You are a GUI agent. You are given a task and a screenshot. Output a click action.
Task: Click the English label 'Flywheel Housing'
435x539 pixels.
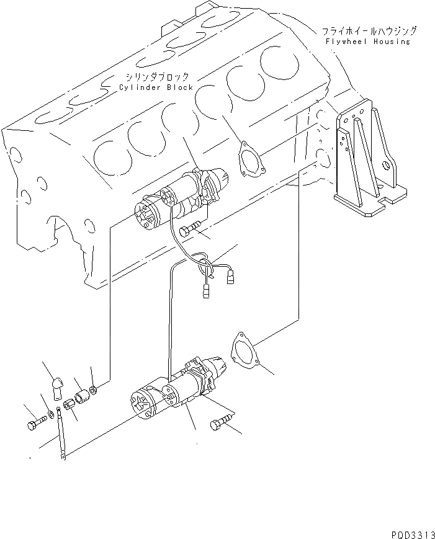pos(368,42)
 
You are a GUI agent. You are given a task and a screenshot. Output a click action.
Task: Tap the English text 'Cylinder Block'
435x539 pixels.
pos(156,87)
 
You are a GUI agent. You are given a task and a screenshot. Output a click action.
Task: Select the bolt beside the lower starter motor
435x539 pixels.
pos(220,424)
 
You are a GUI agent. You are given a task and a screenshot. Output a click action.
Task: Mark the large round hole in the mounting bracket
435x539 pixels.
pos(387,166)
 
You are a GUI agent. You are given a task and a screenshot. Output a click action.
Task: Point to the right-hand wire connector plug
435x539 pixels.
pos(231,279)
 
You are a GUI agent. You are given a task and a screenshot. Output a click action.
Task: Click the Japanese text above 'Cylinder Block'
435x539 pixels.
pos(156,76)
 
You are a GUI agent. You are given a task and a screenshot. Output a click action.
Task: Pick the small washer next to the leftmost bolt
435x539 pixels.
pos(50,414)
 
